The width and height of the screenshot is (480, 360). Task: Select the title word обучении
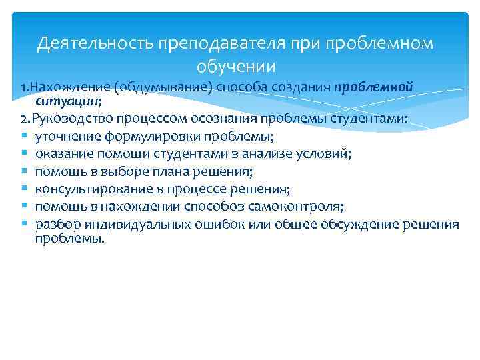[x=237, y=67]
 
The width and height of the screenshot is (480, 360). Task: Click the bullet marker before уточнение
[x=23, y=137]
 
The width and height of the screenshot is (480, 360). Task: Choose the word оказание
[x=61, y=154]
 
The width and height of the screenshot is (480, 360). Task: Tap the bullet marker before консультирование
[x=23, y=189]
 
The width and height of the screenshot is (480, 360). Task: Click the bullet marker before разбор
[x=23, y=224]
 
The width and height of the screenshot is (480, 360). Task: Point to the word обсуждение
[x=360, y=224]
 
